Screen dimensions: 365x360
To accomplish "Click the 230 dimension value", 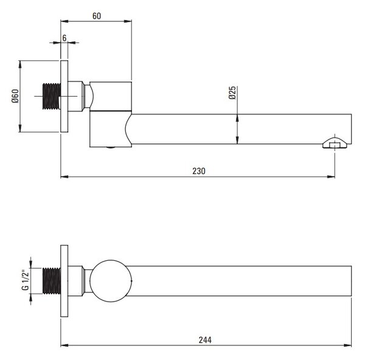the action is [x=199, y=171].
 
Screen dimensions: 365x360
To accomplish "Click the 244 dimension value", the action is [x=205, y=340].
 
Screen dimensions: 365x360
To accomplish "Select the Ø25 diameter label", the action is [x=232, y=93].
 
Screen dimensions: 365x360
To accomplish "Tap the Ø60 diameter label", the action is [x=15, y=96].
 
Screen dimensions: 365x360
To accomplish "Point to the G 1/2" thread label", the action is [x=25, y=280].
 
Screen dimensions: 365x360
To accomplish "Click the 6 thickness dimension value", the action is [x=64, y=38].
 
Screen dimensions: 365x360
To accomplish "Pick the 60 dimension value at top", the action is [x=97, y=16].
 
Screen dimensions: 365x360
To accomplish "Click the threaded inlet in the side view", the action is [x=52, y=96].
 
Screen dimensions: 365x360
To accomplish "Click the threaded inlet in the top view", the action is [x=52, y=281].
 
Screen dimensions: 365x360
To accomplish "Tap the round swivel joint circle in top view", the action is [x=111, y=281].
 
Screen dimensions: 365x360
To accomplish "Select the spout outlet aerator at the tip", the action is [x=335, y=143].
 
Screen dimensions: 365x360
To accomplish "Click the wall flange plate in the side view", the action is [x=64, y=96].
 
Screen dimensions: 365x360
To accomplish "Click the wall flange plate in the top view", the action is [x=64, y=281].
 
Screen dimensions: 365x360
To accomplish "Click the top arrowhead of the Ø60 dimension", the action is [x=20, y=64].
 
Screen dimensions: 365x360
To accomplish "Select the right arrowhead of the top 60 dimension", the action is [x=128, y=21].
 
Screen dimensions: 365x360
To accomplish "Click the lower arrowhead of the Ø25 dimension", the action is [x=237, y=140].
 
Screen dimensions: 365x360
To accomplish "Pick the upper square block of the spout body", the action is [x=111, y=96].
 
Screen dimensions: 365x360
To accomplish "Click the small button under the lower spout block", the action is [x=111, y=148].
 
